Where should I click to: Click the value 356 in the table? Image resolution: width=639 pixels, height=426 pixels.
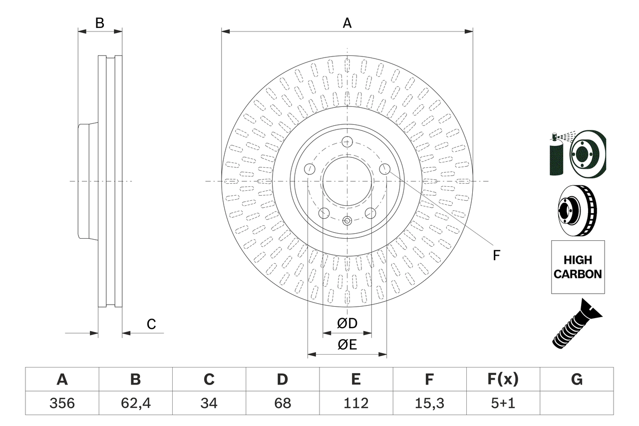pos(62,403)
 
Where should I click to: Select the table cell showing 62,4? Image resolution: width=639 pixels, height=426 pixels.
pos(135,403)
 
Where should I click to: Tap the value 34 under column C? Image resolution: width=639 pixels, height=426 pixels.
pos(209,403)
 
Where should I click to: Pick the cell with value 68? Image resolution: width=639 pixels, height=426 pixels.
pos(282,403)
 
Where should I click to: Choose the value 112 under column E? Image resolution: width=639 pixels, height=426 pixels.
pos(355,403)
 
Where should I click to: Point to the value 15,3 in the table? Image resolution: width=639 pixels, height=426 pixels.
pos(429,403)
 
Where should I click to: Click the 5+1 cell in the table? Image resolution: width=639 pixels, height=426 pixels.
pos(503,403)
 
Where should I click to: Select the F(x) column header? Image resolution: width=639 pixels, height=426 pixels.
pos(503,380)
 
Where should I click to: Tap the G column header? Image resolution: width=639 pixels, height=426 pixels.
pos(577,380)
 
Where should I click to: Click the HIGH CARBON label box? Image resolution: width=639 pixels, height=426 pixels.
pos(578,267)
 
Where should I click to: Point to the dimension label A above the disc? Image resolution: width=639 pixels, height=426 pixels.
pos(347,23)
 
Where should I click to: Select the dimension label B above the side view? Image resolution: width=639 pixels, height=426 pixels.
pos(100,23)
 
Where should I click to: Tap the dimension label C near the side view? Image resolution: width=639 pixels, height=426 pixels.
pos(151,324)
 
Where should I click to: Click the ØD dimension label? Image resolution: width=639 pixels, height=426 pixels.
pos(347,324)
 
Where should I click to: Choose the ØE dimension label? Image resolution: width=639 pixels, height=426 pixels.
pos(347,345)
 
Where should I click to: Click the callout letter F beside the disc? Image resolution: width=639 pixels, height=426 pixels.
pos(496,255)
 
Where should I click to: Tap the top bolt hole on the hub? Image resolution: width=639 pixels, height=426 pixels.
pos(347,141)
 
